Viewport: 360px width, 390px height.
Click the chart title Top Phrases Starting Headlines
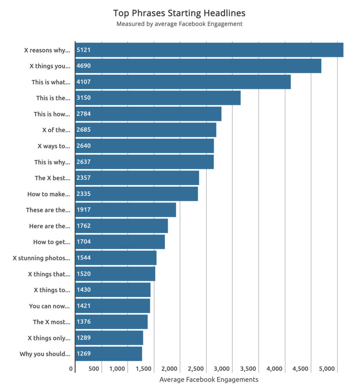(179, 13)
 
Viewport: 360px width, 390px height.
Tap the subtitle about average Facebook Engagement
(179, 24)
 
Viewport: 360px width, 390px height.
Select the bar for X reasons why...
(209, 50)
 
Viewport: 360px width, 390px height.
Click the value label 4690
(84, 66)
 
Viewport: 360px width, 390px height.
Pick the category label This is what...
(51, 82)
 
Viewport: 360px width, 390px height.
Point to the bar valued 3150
(158, 98)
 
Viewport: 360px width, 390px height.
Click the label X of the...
(56, 130)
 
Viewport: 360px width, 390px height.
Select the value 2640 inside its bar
(84, 146)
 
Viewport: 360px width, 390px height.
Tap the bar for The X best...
(137, 178)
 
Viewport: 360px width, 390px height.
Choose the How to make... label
(49, 194)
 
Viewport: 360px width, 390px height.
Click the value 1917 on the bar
(84, 210)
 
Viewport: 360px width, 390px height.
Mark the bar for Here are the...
(122, 226)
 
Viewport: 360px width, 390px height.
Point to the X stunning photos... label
(41, 258)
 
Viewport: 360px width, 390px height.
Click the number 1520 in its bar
(84, 274)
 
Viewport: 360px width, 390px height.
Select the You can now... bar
(113, 306)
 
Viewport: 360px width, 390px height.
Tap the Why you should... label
(45, 354)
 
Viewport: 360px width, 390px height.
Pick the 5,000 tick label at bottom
(327, 369)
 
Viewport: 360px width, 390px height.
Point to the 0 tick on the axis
(71, 369)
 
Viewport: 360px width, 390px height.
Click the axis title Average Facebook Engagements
(209, 379)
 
